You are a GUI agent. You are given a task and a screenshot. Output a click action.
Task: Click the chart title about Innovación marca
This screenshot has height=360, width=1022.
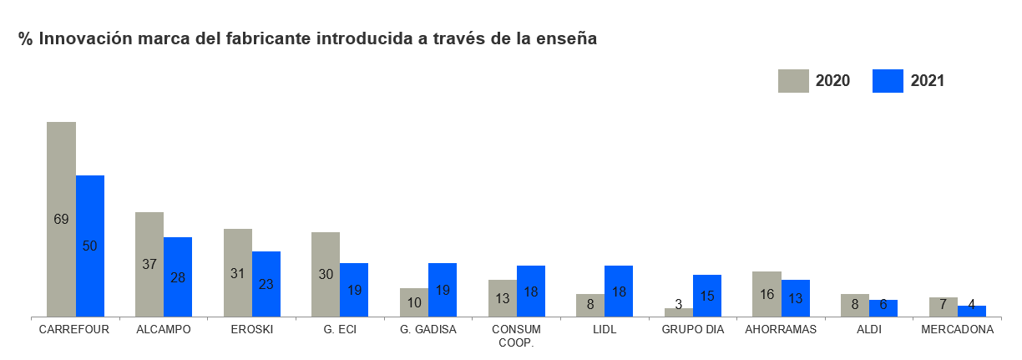point(307,39)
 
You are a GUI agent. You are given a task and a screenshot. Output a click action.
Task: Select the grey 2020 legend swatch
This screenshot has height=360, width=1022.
point(793,81)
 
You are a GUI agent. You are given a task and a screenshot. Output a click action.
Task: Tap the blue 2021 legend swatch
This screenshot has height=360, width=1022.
point(887,81)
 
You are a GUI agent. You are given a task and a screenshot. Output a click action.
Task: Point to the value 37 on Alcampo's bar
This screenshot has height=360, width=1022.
point(149,264)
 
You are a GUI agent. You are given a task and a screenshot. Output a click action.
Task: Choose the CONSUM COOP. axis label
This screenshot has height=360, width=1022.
point(517,336)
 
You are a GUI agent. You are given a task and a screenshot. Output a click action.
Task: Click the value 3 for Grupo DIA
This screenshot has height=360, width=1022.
point(679,305)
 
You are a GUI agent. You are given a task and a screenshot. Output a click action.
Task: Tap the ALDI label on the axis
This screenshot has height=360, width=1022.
point(869,329)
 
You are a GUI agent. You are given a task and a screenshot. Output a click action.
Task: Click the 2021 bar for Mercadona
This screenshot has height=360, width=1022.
point(972,311)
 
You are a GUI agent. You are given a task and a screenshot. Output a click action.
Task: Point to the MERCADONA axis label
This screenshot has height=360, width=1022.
point(957,329)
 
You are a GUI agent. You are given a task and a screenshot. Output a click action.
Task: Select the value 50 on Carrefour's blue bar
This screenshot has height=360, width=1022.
point(90,246)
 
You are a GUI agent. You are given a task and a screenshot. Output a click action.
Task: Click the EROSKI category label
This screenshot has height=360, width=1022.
point(252,329)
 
